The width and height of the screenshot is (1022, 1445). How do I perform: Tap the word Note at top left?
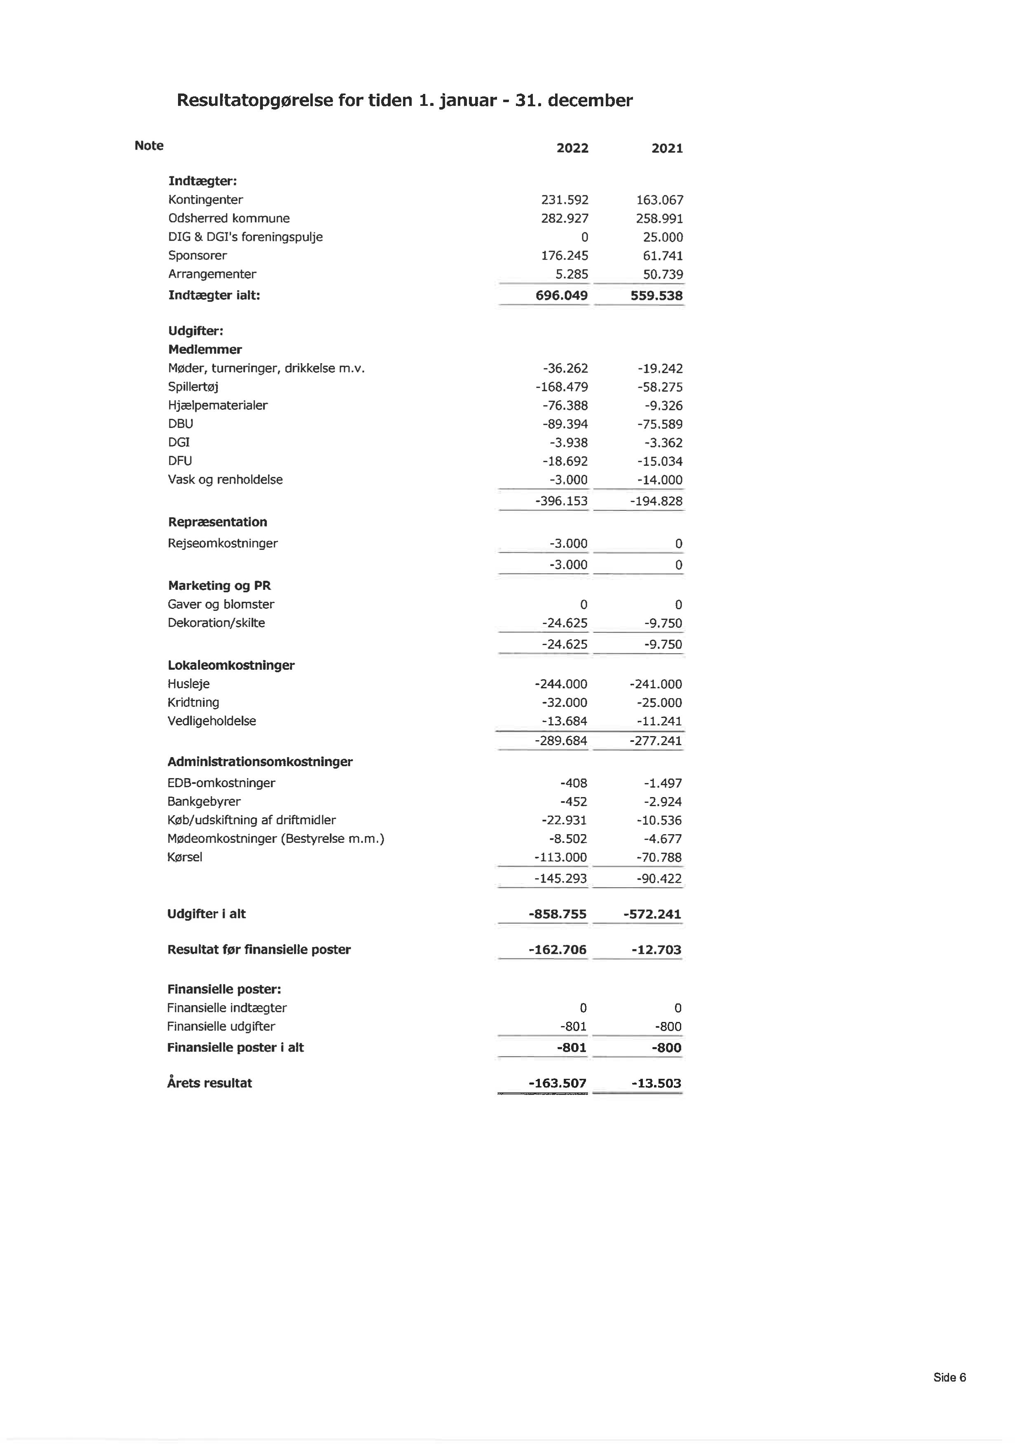[x=149, y=145]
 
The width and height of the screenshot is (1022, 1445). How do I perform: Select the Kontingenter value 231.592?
[x=564, y=200]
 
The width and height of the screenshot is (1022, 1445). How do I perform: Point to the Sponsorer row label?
[x=197, y=255]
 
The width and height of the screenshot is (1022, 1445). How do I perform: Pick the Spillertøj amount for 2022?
[x=561, y=387]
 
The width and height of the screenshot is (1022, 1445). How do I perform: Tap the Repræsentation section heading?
[x=217, y=522]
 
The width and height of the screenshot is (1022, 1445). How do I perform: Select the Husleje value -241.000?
[x=656, y=684]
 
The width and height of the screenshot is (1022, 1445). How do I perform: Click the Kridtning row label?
[x=193, y=702]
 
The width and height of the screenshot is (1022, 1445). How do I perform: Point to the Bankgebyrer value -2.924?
[x=662, y=802]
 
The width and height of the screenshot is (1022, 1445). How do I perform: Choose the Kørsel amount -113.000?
[x=560, y=857]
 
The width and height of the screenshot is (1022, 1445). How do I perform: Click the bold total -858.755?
[x=557, y=914]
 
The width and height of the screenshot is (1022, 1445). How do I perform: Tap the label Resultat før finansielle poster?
[x=259, y=950]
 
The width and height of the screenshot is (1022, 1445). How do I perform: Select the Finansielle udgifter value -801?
[x=573, y=1026]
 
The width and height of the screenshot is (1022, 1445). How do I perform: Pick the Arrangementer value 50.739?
[x=662, y=274]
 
